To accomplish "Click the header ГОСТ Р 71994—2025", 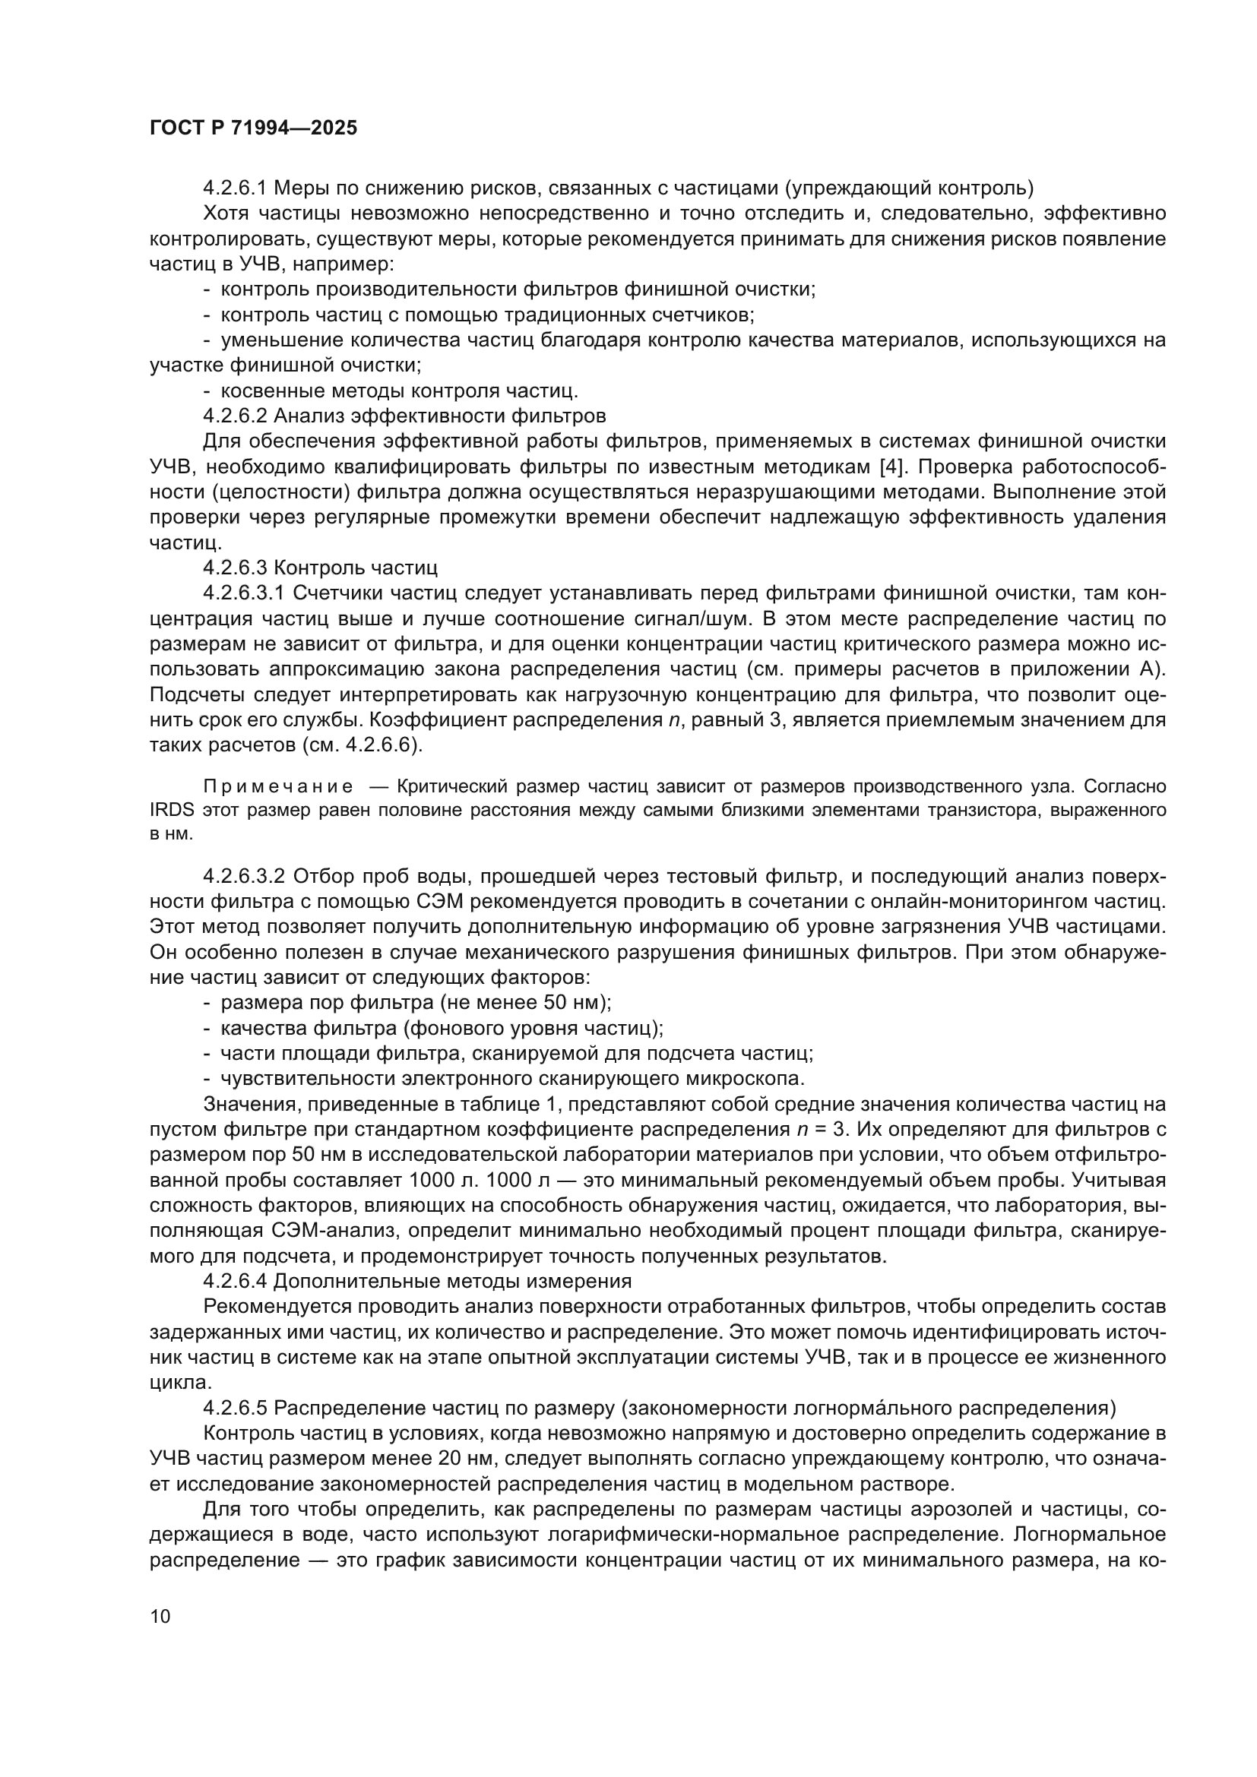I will coord(253,128).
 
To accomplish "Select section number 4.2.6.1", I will coord(235,188).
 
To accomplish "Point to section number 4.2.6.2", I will coord(235,416).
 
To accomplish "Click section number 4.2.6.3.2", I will coord(245,876).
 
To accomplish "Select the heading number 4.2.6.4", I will coord(235,1281).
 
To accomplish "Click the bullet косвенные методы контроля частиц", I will coord(399,390).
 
